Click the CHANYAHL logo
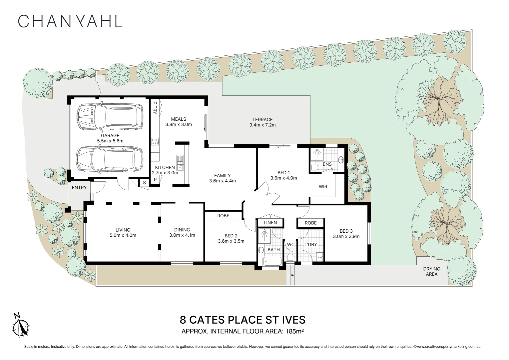coord(70,21)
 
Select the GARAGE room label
coord(110,135)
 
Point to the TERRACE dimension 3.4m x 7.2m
coord(262,125)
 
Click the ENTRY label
coord(79,188)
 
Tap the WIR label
coord(323,187)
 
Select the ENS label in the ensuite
coord(327,164)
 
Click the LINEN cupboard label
coord(270,223)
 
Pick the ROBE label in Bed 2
coord(223,216)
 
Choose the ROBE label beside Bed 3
coord(310,223)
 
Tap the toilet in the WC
coord(290,258)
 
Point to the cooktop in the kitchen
coord(155,141)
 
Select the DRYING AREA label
coord(432,271)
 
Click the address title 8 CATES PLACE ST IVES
coord(243,320)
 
